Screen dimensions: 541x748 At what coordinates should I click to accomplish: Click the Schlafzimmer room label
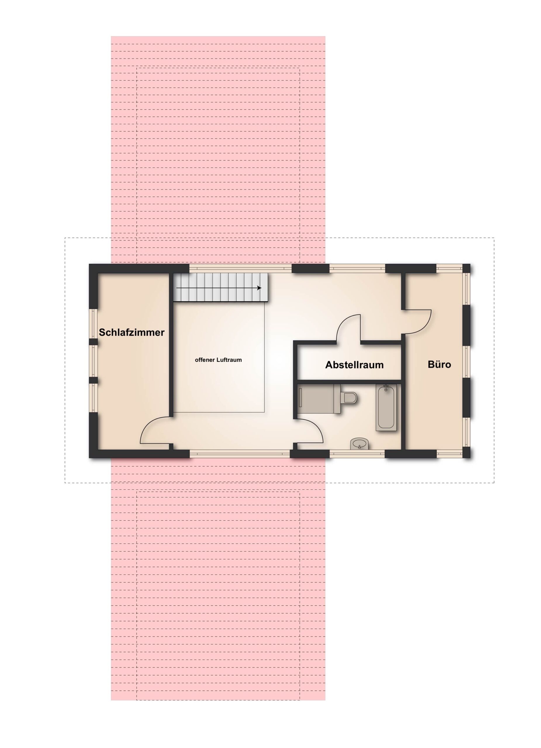point(131,332)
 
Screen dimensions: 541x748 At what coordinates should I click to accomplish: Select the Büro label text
point(439,364)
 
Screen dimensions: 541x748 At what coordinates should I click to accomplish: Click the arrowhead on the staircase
point(259,288)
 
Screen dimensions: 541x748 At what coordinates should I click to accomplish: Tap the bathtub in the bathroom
point(386,408)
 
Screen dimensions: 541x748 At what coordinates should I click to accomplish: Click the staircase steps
point(220,287)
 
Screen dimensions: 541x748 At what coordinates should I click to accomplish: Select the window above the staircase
point(241,269)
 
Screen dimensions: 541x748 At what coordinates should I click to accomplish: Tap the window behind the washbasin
point(357,454)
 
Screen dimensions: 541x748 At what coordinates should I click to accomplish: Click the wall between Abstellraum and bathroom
point(349,382)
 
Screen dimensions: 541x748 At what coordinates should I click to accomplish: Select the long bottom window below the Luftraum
point(240,454)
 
